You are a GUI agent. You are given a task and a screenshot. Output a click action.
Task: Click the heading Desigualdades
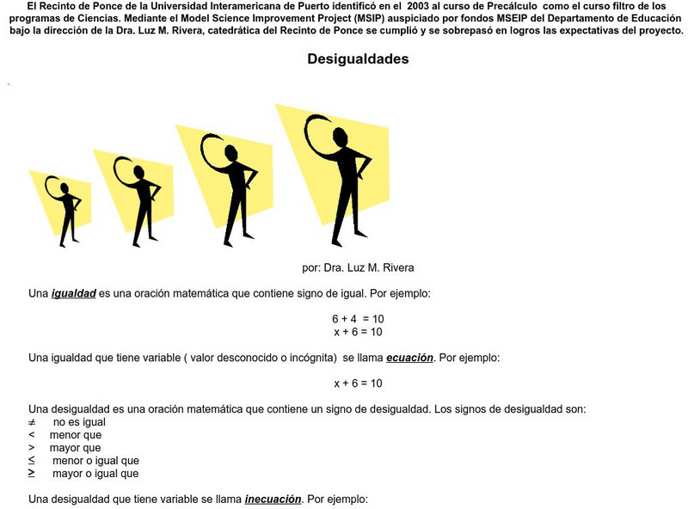[358, 60]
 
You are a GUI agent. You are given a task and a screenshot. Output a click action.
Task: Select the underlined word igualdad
[73, 293]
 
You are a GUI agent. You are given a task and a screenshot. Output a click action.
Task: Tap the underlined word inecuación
[273, 499]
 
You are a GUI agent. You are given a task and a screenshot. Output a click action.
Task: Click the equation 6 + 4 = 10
[358, 319]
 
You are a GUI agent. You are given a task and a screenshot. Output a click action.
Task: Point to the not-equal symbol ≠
[32, 422]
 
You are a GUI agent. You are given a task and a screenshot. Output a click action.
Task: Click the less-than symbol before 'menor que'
[31, 435]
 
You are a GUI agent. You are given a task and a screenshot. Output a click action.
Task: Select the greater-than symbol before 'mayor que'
[31, 448]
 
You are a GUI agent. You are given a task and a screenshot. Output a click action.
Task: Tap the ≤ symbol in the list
[32, 461]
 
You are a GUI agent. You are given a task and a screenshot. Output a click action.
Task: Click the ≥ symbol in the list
[32, 473]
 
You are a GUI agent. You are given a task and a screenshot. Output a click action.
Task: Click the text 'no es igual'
[79, 422]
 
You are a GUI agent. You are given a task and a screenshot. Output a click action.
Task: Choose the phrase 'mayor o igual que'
[95, 474]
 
